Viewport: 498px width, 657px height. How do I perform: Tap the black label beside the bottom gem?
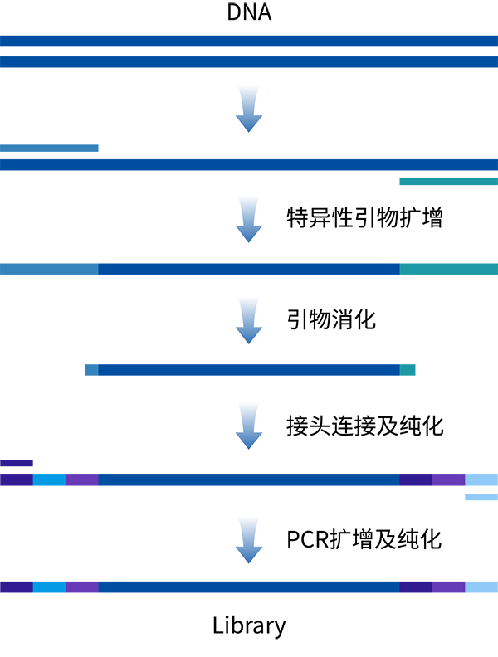pos(373,535)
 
